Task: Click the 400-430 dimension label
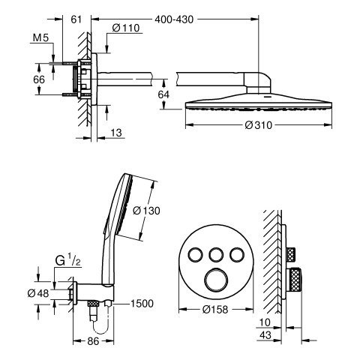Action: pyautogui.click(x=174, y=19)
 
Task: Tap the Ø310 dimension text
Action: pyautogui.click(x=259, y=125)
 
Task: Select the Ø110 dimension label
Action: pyautogui.click(x=126, y=28)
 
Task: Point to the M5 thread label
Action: pyautogui.click(x=40, y=38)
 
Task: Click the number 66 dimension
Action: pyautogui.click(x=39, y=79)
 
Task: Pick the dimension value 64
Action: pyautogui.click(x=163, y=94)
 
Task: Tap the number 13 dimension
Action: pyautogui.click(x=116, y=133)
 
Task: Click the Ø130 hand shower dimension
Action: pyautogui.click(x=146, y=211)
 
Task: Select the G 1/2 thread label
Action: pyautogui.click(x=67, y=261)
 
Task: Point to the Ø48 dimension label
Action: pyautogui.click(x=38, y=293)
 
